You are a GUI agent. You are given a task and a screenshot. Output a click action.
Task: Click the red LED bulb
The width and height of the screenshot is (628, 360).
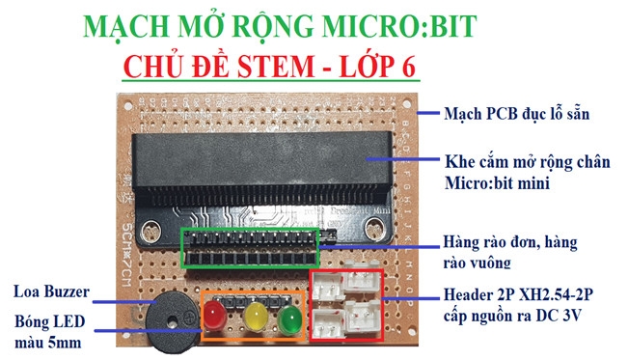pos(215,315)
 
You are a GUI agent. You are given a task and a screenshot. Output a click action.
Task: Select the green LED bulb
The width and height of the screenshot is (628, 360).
pos(288,317)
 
